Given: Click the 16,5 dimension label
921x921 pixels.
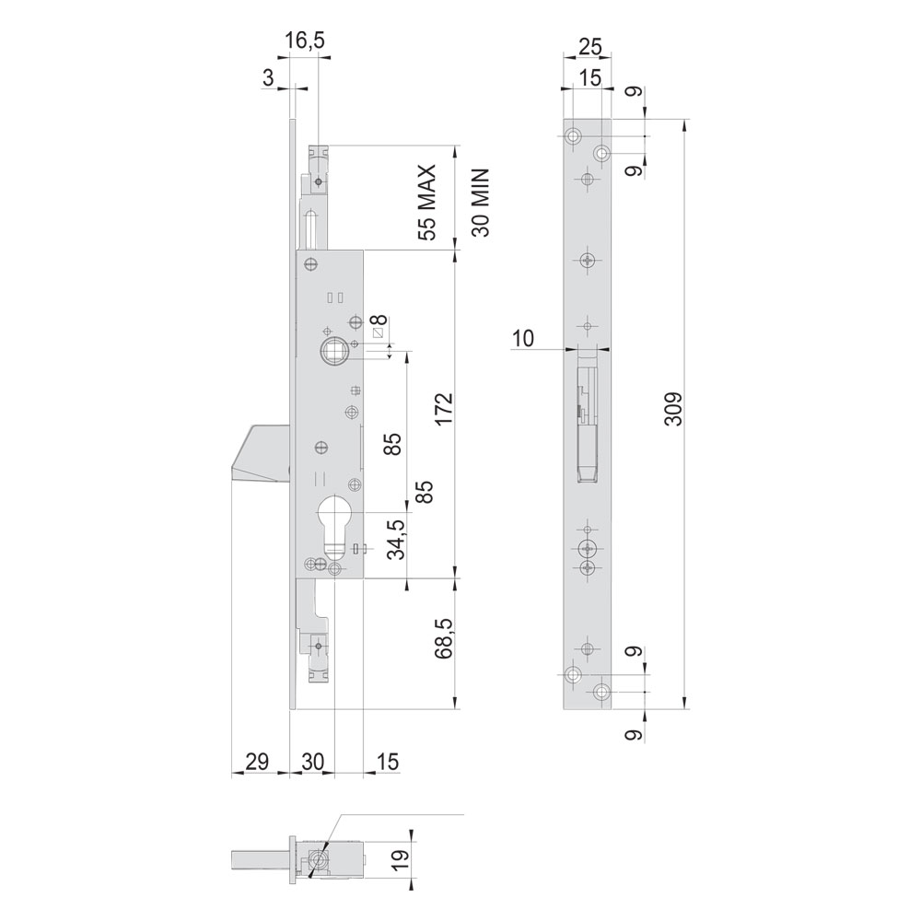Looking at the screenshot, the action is tap(304, 41).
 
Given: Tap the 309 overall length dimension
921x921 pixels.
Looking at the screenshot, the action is tap(674, 409).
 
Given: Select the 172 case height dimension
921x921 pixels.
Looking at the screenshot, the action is tap(445, 409).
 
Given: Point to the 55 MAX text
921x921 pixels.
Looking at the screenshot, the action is tap(427, 203).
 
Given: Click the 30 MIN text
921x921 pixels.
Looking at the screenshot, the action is tap(480, 203).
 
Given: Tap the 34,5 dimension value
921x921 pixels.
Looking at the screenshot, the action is tap(396, 540).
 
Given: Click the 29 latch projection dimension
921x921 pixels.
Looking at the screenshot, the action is tap(257, 762).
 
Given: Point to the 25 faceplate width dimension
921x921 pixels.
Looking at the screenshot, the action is tap(589, 46).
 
